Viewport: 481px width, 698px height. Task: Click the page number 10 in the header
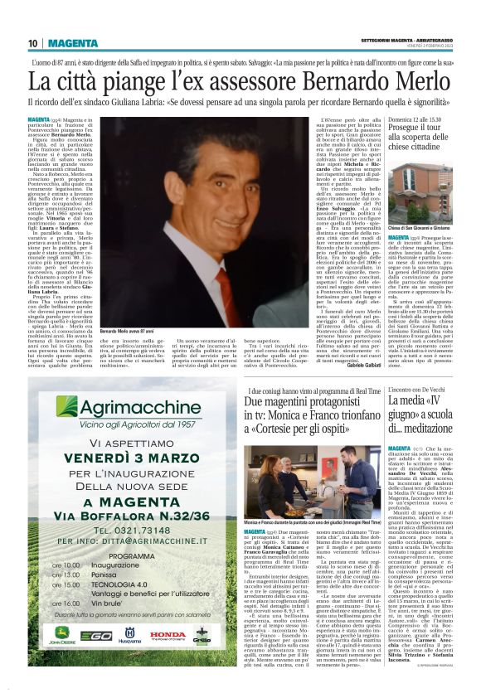tap(33, 44)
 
